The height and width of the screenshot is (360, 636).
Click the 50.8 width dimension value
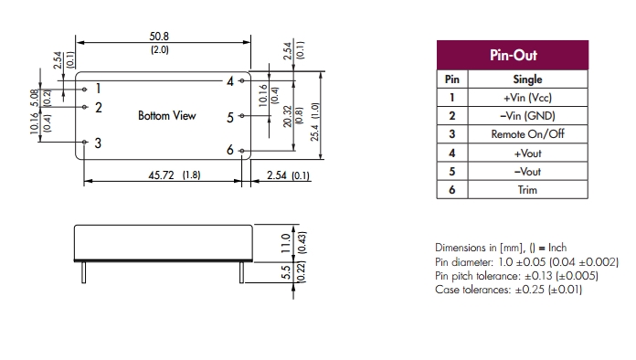pyautogui.click(x=159, y=36)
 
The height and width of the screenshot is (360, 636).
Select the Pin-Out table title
pyautogui.click(x=514, y=55)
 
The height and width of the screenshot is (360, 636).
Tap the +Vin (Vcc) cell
pyautogui.click(x=527, y=98)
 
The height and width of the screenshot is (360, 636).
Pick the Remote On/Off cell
pyautogui.click(x=527, y=134)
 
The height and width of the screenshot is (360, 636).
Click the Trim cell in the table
pyautogui.click(x=527, y=190)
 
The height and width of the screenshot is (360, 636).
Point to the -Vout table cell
pyautogui.click(x=527, y=172)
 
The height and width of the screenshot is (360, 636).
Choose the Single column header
pyautogui.click(x=527, y=79)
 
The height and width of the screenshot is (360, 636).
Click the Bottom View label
pyautogui.click(x=166, y=115)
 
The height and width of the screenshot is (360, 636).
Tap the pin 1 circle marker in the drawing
pyautogui.click(x=84, y=90)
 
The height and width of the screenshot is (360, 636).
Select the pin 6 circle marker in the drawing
pyautogui.click(x=242, y=151)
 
